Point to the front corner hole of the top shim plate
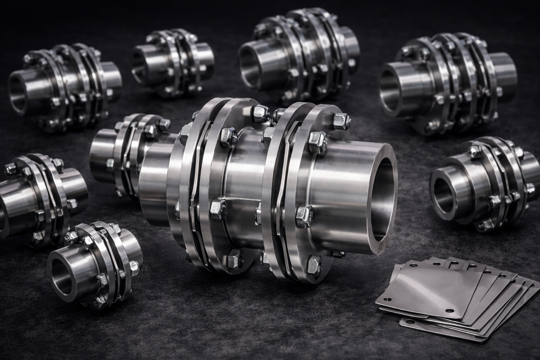click(x=449, y=310)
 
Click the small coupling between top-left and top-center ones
click(x=172, y=63)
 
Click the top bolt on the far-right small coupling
click(x=473, y=152)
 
